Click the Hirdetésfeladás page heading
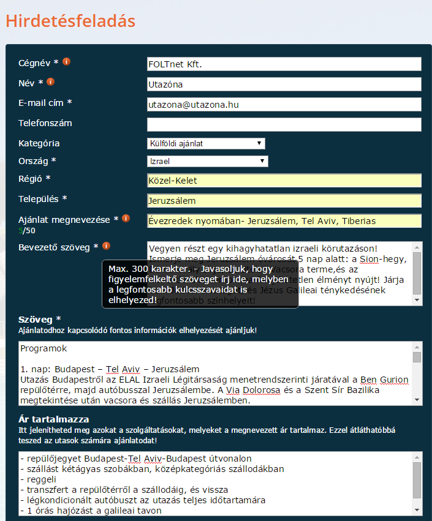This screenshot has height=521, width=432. tap(70, 20)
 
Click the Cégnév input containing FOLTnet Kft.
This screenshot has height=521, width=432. tap(284, 64)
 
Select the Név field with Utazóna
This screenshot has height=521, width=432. tap(284, 84)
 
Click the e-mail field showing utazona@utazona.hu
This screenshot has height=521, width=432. tap(284, 105)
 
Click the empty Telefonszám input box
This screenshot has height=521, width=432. tap(284, 125)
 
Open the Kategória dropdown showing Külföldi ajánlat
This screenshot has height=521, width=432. tap(206, 143)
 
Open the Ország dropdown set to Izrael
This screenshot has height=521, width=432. tap(208, 161)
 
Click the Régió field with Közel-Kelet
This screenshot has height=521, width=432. tap(284, 181)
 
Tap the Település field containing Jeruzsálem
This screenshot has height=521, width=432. tap(284, 200)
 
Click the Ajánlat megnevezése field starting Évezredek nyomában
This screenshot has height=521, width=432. tap(284, 220)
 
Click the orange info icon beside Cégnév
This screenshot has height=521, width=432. tap(67, 62)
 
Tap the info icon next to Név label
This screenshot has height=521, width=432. tap(51, 82)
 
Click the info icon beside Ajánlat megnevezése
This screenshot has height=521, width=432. tap(126, 219)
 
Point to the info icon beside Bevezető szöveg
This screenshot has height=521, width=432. tap(106, 246)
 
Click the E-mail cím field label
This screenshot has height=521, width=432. tap(45, 103)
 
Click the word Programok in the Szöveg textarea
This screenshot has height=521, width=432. tap(43, 348)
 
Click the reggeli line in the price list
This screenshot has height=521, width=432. tap(38, 479)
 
